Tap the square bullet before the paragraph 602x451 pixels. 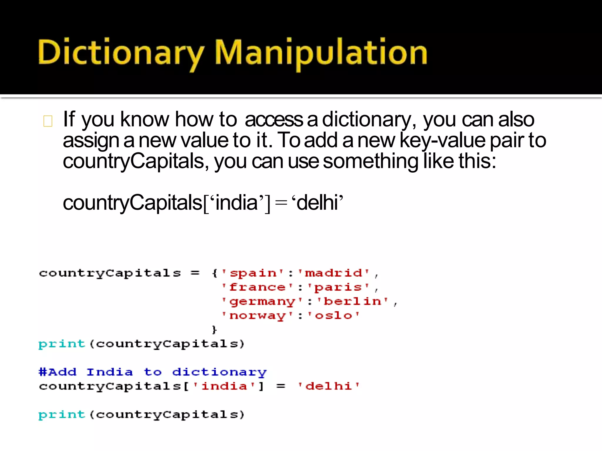(48, 121)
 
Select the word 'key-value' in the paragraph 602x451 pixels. (442, 140)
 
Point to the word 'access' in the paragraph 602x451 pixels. (274, 120)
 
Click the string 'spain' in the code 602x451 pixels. (253, 273)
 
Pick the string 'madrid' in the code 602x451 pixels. (333, 273)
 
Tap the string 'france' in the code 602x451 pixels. (257, 287)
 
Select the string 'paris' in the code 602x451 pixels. (338, 287)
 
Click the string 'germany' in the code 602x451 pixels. (262, 302)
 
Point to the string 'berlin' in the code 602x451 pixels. (352, 302)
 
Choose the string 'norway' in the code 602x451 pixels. (257, 316)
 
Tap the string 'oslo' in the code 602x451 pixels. (333, 316)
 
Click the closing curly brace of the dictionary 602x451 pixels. (214, 330)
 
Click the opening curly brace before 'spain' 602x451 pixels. (214, 273)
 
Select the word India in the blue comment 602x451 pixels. (110, 372)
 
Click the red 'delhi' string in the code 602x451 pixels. (329, 386)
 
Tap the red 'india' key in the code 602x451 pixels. (224, 386)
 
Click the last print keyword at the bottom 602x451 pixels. (62, 414)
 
